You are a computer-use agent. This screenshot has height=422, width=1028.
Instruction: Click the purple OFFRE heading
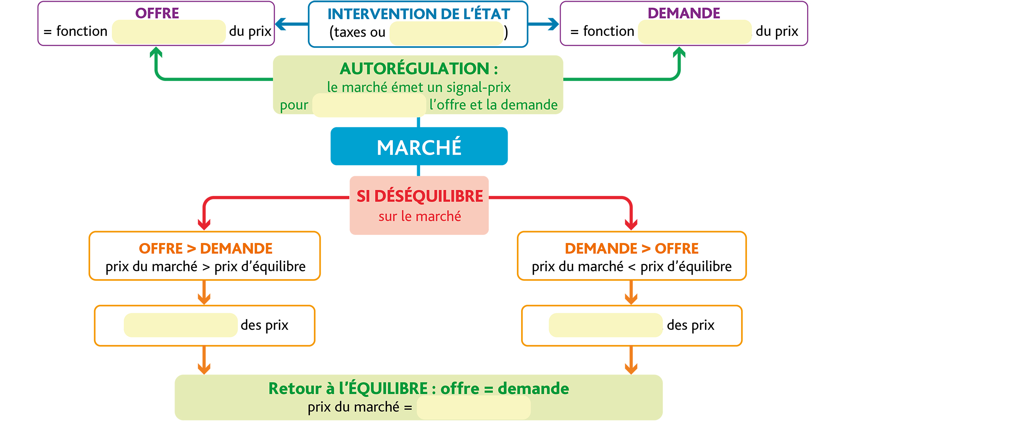157,13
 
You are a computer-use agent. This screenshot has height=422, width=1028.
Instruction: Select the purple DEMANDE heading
684,13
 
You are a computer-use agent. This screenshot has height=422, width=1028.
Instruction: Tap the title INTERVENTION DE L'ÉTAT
419,14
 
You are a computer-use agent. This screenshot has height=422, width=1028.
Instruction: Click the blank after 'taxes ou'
446,33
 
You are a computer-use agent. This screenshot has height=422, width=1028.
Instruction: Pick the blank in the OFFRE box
169,32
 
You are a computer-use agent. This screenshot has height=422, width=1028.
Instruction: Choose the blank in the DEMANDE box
695,32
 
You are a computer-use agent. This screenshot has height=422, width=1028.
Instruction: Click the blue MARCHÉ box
419,146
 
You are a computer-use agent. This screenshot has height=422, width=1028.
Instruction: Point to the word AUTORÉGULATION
414,69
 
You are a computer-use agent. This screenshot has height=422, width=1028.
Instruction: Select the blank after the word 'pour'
369,105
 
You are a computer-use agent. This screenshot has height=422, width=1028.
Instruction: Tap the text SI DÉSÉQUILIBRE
419,196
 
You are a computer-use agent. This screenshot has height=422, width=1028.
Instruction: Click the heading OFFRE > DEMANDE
205,248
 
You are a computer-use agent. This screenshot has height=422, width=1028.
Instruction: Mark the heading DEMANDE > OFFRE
631,248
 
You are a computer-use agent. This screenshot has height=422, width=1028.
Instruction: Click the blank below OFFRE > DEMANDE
181,325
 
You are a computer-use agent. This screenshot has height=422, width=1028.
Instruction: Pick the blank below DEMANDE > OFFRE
606,325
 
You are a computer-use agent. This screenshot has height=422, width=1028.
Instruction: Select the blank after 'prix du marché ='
474,408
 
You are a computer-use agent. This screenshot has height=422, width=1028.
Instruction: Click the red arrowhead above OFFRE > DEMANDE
204,225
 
